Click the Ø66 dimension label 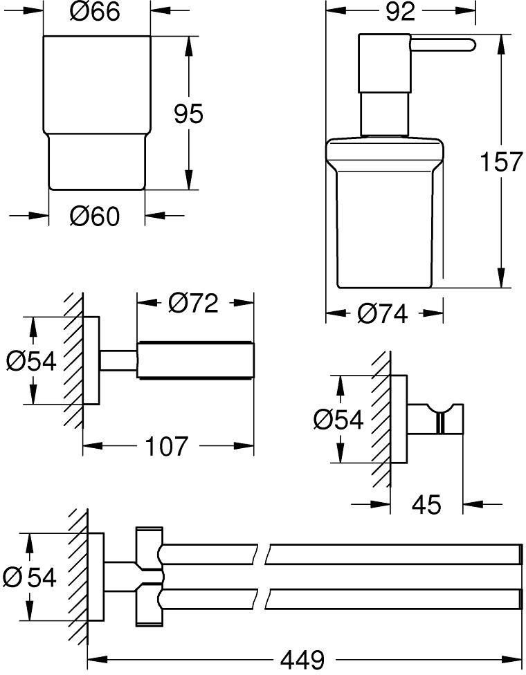tap(94, 12)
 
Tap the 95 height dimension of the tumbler tap(188, 114)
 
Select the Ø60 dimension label tap(94, 216)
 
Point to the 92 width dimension tap(400, 12)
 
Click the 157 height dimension tap(501, 161)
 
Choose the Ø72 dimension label tap(193, 303)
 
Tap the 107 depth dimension tap(166, 445)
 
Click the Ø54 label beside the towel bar tap(29, 577)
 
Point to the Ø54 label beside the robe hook tap(338, 419)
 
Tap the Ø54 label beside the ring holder tap(31, 361)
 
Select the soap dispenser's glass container tap(384, 213)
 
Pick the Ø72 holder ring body tap(196, 360)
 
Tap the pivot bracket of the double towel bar tap(149, 576)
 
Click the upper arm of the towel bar tap(341, 554)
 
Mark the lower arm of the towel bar tap(341, 599)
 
